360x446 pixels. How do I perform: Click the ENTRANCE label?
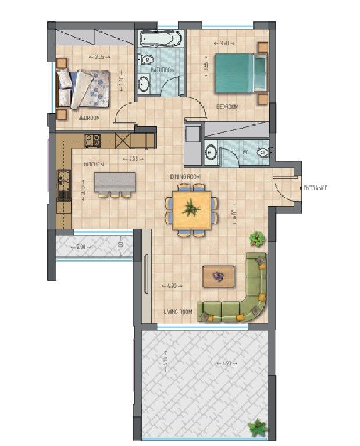pos(315,188)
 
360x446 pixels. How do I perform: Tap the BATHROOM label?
pos(162,70)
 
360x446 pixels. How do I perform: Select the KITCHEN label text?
pos(94,165)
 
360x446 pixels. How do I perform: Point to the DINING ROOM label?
pos(185,176)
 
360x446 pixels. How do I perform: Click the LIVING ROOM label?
pos(177,312)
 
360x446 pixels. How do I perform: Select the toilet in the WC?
pos(265,152)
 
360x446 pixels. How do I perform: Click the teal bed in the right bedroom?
pos(238,73)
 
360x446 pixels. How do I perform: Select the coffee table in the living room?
pos(218,276)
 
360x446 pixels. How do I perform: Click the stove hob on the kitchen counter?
pos(93,140)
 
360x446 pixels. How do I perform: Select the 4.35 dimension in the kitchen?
pos(133,159)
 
